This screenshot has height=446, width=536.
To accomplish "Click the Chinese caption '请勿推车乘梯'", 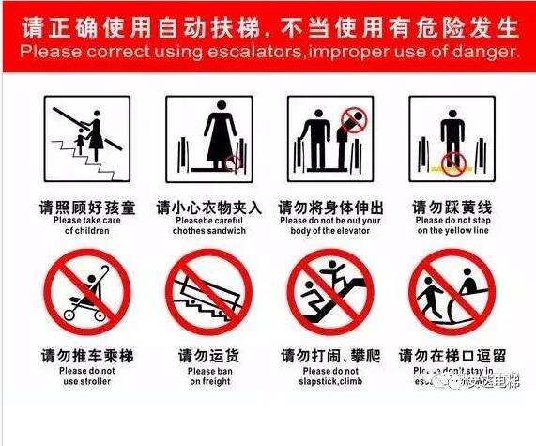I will pos(87,356).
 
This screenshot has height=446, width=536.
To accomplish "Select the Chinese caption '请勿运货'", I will pos(209,356).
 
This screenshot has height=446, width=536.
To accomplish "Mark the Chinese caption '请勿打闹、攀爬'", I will pos(330,356).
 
